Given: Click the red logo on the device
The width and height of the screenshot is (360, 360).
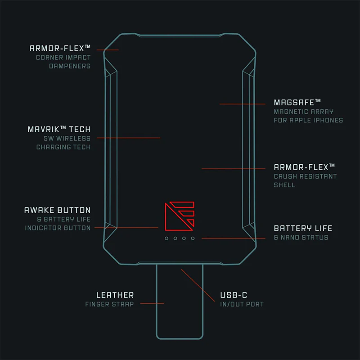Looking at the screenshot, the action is (x=180, y=216).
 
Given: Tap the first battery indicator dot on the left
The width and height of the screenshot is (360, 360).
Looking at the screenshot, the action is (x=166, y=238).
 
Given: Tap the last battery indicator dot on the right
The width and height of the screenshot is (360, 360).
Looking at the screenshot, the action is (x=193, y=238).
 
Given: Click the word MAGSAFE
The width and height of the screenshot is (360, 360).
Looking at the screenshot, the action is (x=294, y=103).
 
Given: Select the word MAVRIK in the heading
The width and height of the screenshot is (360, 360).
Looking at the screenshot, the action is (x=43, y=130).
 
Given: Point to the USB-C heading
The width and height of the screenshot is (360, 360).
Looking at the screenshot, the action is (x=234, y=295).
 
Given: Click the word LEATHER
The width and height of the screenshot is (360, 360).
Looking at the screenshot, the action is (x=115, y=295).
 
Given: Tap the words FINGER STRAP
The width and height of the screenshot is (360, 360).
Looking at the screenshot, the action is (x=109, y=304).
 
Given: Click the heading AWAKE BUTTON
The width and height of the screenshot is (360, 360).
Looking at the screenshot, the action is (x=58, y=210).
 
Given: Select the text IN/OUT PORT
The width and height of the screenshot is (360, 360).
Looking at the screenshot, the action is (x=242, y=304).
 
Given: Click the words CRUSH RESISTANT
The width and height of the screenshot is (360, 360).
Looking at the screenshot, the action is (x=305, y=176).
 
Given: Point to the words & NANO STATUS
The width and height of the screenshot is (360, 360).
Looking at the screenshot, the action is (x=301, y=238).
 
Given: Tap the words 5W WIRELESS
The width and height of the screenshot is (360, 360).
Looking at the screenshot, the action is (x=67, y=139).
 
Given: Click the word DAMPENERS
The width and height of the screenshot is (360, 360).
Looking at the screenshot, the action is (x=70, y=66).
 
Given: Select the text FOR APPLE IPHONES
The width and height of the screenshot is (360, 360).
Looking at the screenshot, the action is (x=308, y=120).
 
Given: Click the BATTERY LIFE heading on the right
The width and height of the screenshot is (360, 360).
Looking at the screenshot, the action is (x=303, y=228).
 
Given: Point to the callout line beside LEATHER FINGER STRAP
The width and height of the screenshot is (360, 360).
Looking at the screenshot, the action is (x=152, y=303).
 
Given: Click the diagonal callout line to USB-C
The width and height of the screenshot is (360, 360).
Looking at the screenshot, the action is (x=198, y=285).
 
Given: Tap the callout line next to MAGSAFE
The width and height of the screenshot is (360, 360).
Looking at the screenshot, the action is (x=243, y=104).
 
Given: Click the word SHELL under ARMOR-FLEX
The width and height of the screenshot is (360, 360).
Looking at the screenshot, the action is (x=284, y=185).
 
